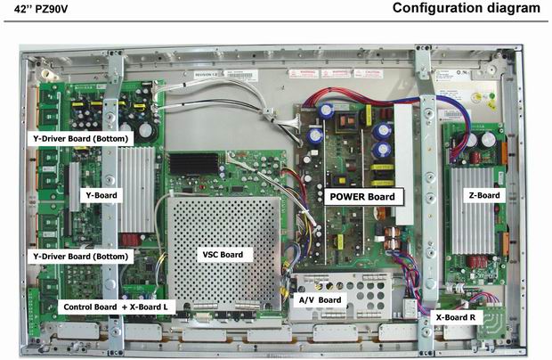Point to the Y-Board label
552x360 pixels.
click(93, 193)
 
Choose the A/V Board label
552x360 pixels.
click(318, 300)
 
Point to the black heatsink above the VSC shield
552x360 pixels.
click(195, 163)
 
